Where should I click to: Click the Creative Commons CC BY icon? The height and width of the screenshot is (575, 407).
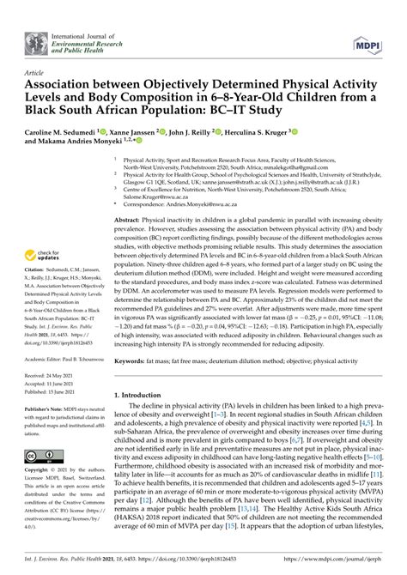pos(41,456)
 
